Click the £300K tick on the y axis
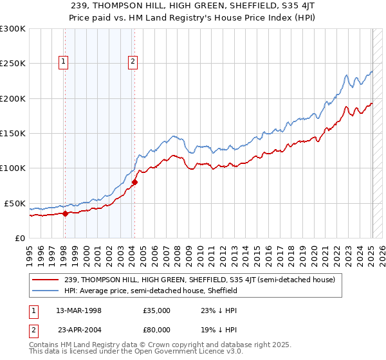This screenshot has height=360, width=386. tap(13, 29)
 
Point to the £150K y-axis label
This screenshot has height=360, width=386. tap(13, 133)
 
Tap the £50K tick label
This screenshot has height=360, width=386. tap(15, 203)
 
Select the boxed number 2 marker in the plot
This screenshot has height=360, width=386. tap(133, 62)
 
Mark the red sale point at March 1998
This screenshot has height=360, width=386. tap(66, 213)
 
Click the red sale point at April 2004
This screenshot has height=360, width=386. tap(134, 182)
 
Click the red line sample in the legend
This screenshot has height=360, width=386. tap(46, 280)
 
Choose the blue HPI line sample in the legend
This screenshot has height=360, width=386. tap(46, 291)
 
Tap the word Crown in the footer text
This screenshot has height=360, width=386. tap(153, 345)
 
